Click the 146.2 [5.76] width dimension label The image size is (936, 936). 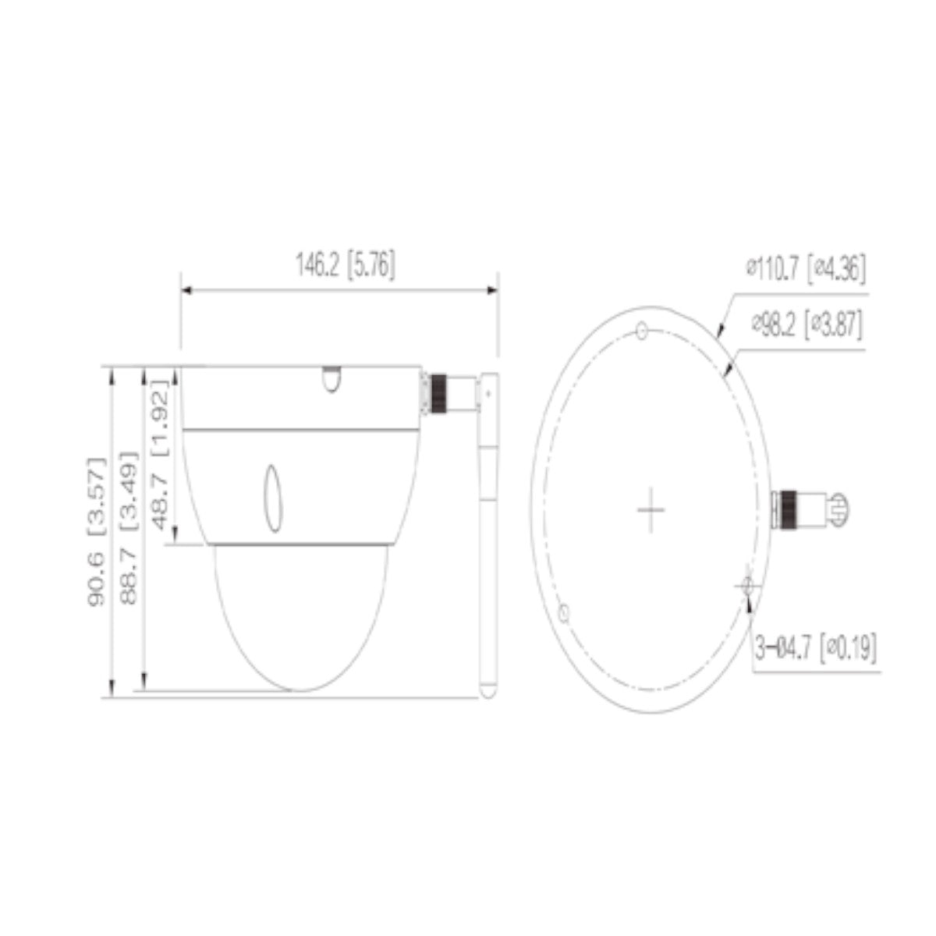[345, 265]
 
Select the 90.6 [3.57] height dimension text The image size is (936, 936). [96, 532]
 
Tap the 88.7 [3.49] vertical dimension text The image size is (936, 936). [129, 526]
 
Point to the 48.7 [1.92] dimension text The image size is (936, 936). [161, 456]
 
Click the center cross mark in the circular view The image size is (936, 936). [651, 510]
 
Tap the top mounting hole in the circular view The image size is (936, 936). [641, 331]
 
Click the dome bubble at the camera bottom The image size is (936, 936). [300, 616]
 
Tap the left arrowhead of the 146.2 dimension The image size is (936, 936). [186, 290]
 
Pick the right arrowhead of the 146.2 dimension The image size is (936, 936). [493, 290]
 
